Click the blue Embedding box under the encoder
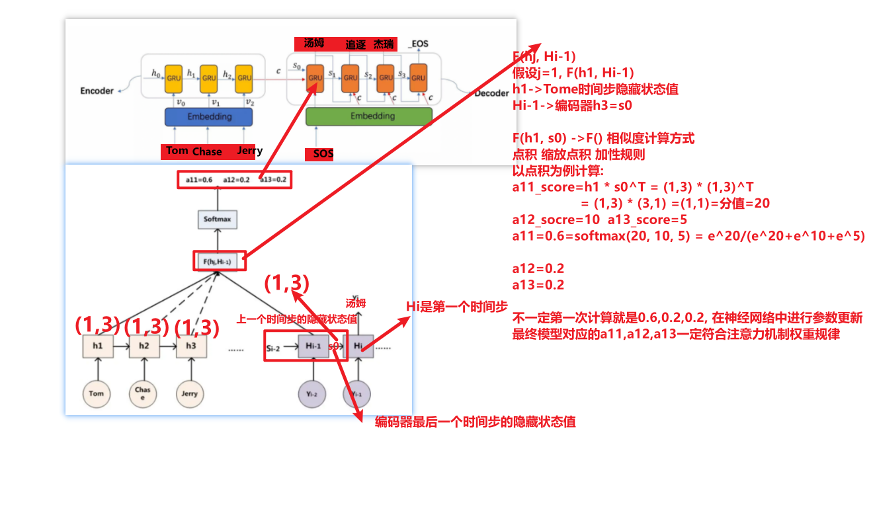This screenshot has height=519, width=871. tap(209, 117)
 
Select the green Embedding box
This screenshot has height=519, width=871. tap(369, 116)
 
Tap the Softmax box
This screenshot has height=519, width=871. tap(216, 220)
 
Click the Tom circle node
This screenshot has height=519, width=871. tap(97, 394)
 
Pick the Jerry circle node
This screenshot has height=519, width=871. tap(190, 394)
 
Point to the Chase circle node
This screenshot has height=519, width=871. tap(143, 393)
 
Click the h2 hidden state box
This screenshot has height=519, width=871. tap(144, 346)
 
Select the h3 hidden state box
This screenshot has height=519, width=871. tap(190, 346)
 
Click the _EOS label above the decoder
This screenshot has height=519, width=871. tap(418, 44)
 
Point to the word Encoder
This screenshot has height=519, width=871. tap(97, 91)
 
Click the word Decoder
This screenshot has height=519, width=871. tap(491, 94)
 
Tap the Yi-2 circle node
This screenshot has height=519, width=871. tap(312, 394)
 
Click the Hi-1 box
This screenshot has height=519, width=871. tap(313, 346)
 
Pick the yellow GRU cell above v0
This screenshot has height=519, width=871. tap(173, 78)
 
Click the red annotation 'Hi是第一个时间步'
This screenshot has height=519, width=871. tap(456, 307)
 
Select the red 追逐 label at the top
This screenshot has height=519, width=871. tap(355, 45)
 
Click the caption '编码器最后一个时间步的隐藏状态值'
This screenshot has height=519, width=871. tap(476, 422)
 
